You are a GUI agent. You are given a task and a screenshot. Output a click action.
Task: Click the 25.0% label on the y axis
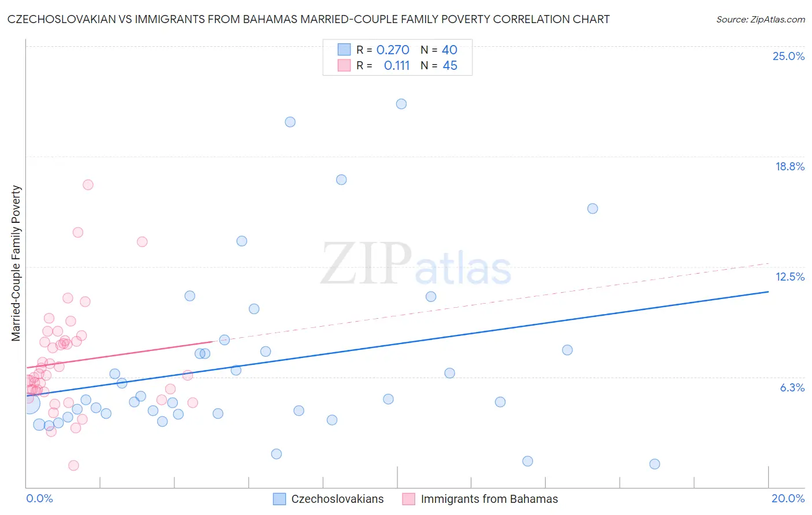[788, 56]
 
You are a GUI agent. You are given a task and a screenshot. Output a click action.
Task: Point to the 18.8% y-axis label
[789, 166]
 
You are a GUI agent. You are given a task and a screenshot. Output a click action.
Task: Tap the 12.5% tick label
[789, 277]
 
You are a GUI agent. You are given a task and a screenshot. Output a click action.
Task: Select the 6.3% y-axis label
[792, 387]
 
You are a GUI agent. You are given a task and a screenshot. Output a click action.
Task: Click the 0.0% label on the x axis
[39, 498]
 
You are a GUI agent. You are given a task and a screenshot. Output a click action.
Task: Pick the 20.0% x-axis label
[788, 498]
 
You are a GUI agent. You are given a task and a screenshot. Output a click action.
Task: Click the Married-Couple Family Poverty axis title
[16, 263]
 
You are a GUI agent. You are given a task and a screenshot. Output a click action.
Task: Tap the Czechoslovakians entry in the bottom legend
[337, 499]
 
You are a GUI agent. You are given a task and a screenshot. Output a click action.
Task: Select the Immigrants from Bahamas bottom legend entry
[489, 499]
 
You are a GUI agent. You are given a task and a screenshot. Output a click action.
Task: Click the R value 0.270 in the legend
[393, 50]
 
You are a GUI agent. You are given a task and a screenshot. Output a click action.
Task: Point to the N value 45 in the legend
[450, 66]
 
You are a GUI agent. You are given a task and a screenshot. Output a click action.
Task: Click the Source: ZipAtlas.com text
[760, 20]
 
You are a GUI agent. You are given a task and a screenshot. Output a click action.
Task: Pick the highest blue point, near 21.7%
[401, 104]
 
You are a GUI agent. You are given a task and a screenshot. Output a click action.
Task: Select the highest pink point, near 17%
[88, 185]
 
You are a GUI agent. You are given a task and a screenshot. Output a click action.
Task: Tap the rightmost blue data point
[654, 464]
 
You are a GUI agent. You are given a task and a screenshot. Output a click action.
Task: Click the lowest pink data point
[73, 465]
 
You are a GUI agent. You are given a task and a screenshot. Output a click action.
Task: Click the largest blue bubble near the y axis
[30, 404]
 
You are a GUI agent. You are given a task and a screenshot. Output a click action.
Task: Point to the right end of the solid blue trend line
[768, 292]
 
